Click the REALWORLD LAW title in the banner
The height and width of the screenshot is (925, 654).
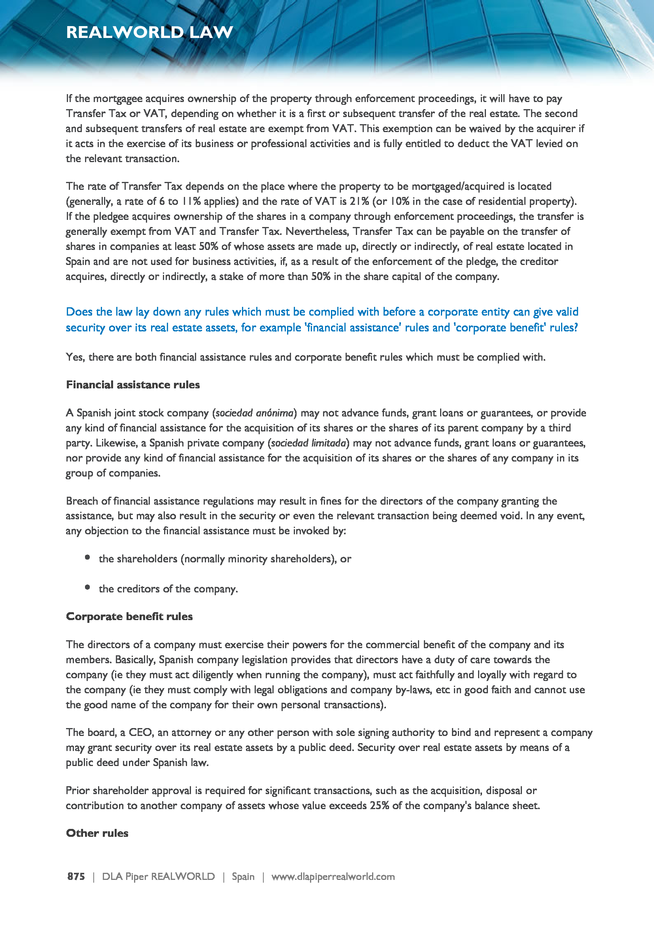tap(149, 32)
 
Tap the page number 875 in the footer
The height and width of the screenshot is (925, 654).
tap(76, 876)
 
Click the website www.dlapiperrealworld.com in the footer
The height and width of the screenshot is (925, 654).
tap(333, 876)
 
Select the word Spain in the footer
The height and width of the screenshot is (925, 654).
tap(243, 876)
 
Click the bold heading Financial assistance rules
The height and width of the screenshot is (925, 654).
tap(132, 385)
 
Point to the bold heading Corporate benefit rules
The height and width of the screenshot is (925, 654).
tap(129, 617)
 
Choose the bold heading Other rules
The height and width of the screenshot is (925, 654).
tap(97, 833)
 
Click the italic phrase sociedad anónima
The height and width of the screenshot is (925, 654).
tap(254, 413)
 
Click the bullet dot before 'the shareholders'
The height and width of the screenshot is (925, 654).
tap(87, 558)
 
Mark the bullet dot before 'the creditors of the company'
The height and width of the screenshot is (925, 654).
tap(87, 587)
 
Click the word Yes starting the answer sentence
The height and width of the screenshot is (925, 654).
tap(75, 358)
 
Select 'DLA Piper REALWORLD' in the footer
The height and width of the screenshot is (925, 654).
tap(158, 876)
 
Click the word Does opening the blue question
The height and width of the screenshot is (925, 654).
tap(79, 312)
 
